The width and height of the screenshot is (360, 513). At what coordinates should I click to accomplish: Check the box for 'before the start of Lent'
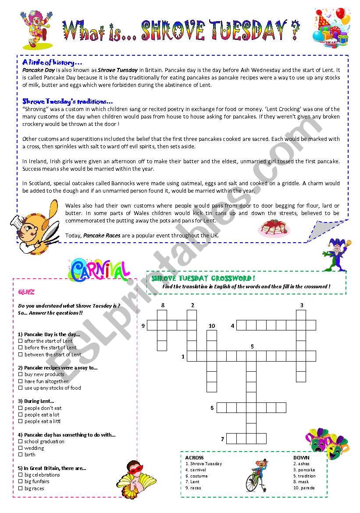coord(21,348)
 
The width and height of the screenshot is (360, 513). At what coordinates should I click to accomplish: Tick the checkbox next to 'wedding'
coord(21,448)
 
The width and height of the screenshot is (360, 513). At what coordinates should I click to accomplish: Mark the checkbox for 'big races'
coord(21,488)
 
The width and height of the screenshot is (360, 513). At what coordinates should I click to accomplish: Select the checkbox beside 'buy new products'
coord(21,374)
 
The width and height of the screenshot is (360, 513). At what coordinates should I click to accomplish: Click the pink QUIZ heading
coord(26,292)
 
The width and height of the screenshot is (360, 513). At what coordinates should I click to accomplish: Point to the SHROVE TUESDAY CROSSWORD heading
coord(203,278)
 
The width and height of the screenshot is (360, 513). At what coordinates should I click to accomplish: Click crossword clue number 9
coord(143,326)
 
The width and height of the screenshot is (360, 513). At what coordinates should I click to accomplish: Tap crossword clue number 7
coord(222,438)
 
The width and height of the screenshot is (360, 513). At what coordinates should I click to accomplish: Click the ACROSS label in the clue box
coord(194,458)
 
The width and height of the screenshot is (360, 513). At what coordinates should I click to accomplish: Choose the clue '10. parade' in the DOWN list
coord(304,488)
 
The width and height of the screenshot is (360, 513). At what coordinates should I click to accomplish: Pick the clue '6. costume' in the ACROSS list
coord(196,476)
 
